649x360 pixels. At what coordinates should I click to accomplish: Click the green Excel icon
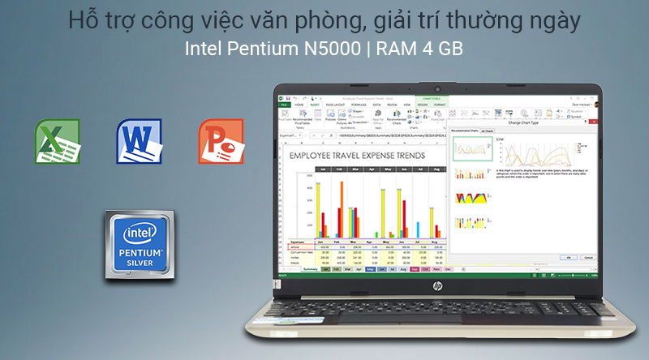[57, 141]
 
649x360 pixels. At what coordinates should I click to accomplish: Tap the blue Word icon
[140, 141]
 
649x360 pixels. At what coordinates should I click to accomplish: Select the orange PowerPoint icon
[221, 141]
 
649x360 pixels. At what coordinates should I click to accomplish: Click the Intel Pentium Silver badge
[144, 245]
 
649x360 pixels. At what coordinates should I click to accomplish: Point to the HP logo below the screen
[438, 286]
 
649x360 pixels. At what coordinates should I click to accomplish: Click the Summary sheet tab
[310, 269]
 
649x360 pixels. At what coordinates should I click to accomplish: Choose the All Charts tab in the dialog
[487, 130]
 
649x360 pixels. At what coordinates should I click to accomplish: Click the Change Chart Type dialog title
[523, 122]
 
